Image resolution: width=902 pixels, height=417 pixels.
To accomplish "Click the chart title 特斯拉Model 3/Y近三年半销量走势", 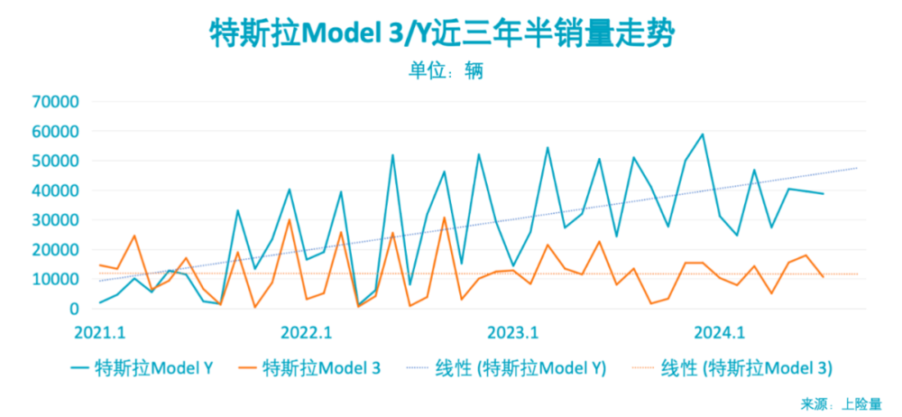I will coord(442,34).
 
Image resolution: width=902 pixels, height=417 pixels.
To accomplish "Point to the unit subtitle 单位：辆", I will coord(446,70).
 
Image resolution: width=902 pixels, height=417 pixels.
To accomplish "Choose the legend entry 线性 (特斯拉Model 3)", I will coord(732,368).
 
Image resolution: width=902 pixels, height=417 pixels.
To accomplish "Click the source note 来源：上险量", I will coord(842,403).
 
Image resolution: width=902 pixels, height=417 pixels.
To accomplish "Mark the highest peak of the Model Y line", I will coord(703,134).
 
